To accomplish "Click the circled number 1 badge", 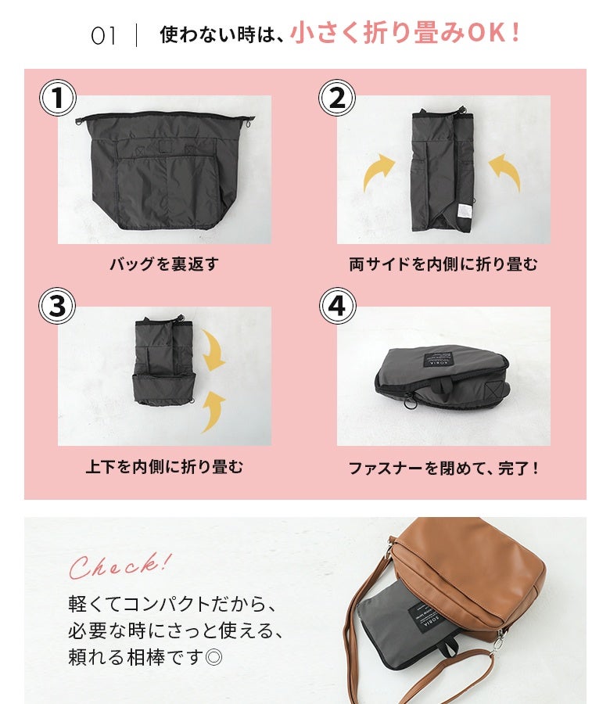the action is pyautogui.click(x=58, y=98).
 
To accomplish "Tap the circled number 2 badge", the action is pyautogui.click(x=337, y=98).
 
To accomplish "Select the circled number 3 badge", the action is pyautogui.click(x=57, y=306).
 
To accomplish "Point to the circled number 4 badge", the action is pyautogui.click(x=338, y=306).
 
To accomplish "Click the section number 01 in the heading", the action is pyautogui.click(x=103, y=36).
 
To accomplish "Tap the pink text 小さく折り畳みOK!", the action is pyautogui.click(x=405, y=33).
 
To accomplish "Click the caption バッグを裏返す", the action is pyautogui.click(x=164, y=264).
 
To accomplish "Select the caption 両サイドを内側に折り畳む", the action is pyautogui.click(x=443, y=264).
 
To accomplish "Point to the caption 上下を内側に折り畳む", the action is pyautogui.click(x=164, y=467).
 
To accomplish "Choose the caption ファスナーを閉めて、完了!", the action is pyautogui.click(x=443, y=469).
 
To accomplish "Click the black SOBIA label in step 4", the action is pyautogui.click(x=439, y=357).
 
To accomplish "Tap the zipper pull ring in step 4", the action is pyautogui.click(x=410, y=400).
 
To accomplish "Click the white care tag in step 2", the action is pyautogui.click(x=464, y=212).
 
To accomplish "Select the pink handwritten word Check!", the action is pyautogui.click(x=120, y=566).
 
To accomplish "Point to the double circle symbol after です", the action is pyautogui.click(x=213, y=658).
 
